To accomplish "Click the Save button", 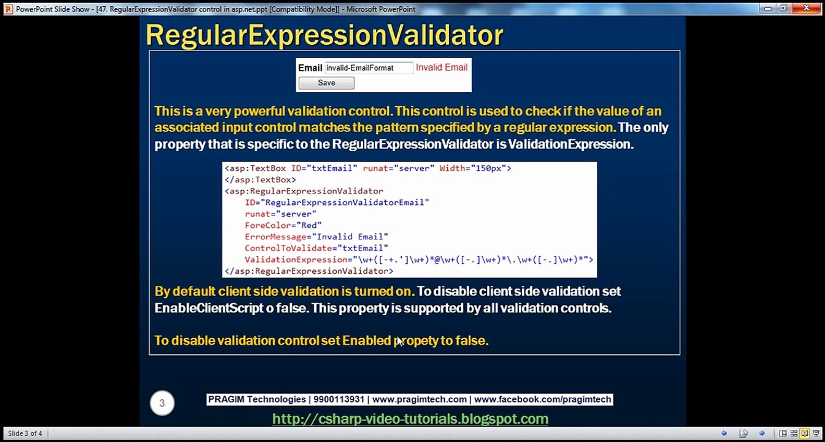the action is click(x=326, y=83).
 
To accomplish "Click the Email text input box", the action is click(x=369, y=68).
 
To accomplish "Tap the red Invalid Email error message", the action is click(x=442, y=68).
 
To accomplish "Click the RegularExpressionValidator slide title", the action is click(x=324, y=36).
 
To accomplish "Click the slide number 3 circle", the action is click(x=162, y=403).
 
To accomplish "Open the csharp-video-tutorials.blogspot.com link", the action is click(x=410, y=419).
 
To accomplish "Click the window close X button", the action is click(x=806, y=8).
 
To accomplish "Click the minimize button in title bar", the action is click(x=767, y=9).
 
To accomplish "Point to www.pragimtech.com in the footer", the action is click(x=420, y=399).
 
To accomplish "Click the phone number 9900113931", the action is click(x=339, y=399).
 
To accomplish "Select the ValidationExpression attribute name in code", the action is click(x=296, y=260).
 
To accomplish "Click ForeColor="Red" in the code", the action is click(x=283, y=225).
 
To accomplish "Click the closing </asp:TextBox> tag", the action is click(x=261, y=179).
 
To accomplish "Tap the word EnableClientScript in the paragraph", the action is click(x=209, y=308).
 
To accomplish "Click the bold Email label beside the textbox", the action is click(x=310, y=68).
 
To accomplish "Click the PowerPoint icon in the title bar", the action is click(x=8, y=9).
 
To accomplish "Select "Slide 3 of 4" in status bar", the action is click(x=25, y=433).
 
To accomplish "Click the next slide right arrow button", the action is click(x=762, y=433).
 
